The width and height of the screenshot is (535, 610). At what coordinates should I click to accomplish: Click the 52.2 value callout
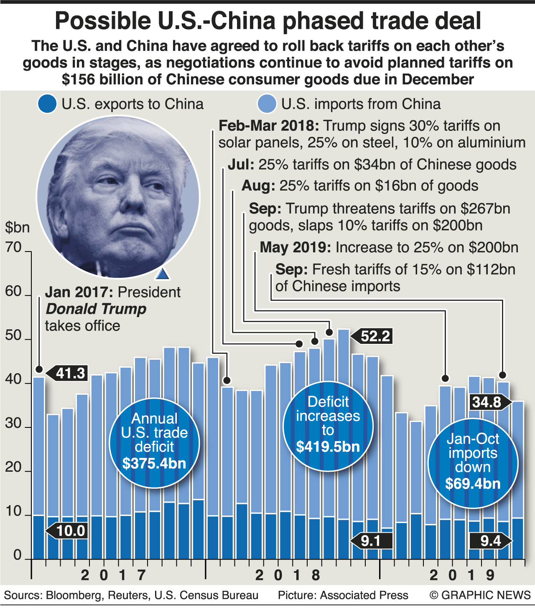point(375,336)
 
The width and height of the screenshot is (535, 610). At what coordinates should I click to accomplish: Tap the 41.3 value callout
point(70,373)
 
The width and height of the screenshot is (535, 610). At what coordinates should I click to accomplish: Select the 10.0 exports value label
point(70,531)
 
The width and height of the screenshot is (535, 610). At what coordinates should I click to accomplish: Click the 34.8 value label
point(487,402)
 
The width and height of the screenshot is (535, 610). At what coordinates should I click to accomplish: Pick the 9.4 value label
point(490,541)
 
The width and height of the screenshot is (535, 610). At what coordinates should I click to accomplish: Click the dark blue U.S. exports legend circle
point(46,104)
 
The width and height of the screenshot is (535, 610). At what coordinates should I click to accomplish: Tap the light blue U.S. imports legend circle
point(267,104)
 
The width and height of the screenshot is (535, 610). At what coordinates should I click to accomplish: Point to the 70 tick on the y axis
point(13,247)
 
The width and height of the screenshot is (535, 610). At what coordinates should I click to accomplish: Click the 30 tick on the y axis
point(13,424)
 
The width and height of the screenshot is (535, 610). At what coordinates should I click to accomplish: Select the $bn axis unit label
point(17,228)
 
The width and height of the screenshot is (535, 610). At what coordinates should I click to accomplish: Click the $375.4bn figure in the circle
point(154,463)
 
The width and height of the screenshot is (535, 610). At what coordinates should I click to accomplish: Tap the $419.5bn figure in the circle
point(328,447)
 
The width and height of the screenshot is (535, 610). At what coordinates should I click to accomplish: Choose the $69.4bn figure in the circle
point(473,483)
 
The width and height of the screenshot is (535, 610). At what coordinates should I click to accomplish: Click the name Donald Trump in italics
point(96,309)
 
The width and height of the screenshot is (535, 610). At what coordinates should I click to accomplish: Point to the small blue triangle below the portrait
point(162,274)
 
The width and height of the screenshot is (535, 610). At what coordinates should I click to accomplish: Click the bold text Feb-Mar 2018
point(269,126)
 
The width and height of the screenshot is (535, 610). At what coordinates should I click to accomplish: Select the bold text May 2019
point(295,247)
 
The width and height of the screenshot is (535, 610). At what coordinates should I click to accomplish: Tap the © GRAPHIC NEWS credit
point(480,595)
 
